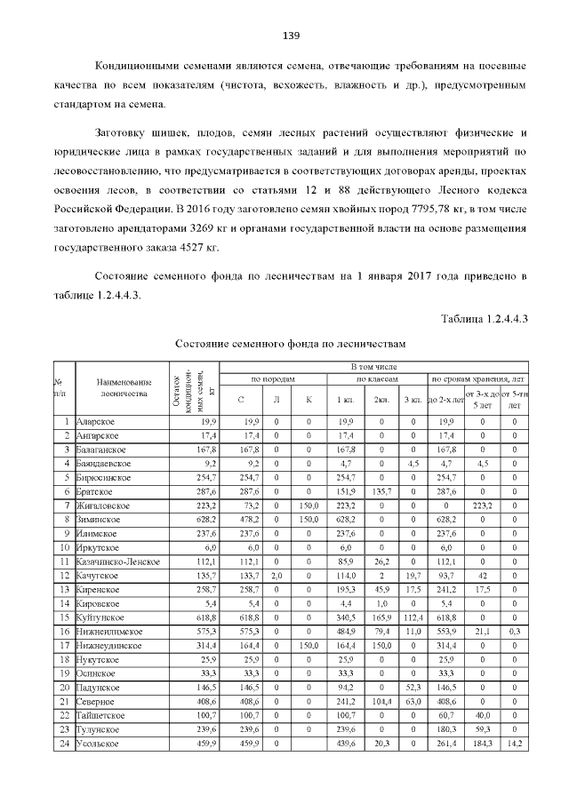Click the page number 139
tap(291, 36)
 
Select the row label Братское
tap(96, 490)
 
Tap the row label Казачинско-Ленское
tap(117, 561)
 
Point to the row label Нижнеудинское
tap(109, 646)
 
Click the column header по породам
tap(275, 379)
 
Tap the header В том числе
tap(373, 366)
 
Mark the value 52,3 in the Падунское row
tap(413, 688)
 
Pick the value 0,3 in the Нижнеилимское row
tap(514, 632)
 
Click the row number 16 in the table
tap(64, 632)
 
